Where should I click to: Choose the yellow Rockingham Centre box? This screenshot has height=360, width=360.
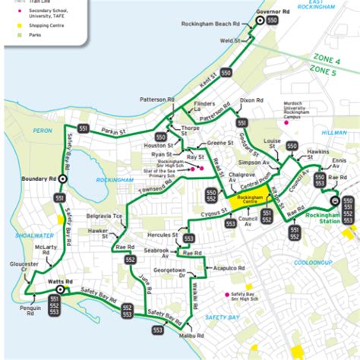click(x=248, y=199)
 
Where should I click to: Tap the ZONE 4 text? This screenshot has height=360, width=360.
click(x=327, y=59)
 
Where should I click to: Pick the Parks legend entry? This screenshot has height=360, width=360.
click(x=35, y=35)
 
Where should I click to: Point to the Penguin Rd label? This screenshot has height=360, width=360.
click(x=30, y=310)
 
